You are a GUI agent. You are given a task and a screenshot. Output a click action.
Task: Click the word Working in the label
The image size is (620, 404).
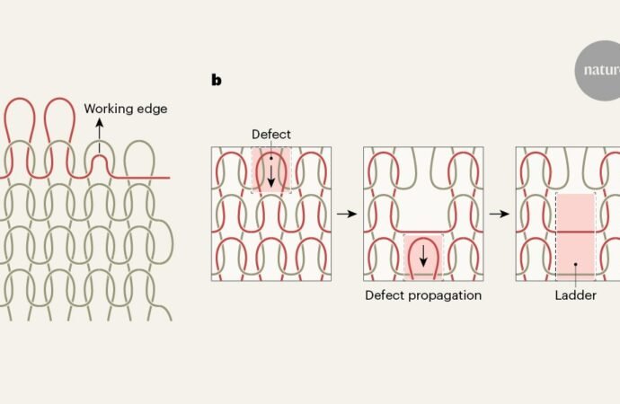[x=108, y=109]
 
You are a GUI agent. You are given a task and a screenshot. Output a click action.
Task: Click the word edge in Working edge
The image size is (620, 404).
[x=151, y=109]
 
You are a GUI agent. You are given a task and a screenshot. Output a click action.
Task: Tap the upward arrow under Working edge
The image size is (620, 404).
[x=100, y=135]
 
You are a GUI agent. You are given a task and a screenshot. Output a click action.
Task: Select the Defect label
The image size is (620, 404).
[x=271, y=135]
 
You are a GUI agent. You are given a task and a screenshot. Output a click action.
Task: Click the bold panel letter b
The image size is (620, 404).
[x=217, y=80]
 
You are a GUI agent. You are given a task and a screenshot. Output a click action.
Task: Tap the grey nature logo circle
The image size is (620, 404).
[x=598, y=70]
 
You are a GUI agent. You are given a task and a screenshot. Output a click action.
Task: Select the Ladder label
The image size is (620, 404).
[x=575, y=295]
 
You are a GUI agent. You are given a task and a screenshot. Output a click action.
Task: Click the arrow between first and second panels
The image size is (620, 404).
[x=347, y=214]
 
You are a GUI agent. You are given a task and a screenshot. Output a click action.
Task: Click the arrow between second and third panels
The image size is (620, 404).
[x=500, y=214]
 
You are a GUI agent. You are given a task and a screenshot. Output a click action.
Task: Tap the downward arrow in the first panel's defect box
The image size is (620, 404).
[x=271, y=176]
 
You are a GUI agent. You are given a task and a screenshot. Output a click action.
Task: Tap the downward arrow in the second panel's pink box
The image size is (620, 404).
[x=423, y=256]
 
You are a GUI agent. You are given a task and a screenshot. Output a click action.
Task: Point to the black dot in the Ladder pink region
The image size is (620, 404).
[x=576, y=264]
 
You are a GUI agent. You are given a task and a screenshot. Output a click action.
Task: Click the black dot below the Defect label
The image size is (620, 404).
[x=271, y=158]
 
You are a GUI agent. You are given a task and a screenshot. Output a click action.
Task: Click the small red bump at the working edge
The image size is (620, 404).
[x=100, y=160]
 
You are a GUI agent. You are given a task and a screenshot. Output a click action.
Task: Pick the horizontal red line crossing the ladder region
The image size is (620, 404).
[x=576, y=232]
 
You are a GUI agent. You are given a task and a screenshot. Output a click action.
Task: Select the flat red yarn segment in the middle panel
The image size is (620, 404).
[x=423, y=232]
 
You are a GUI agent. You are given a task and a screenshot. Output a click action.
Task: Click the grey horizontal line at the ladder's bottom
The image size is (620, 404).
[x=576, y=274]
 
